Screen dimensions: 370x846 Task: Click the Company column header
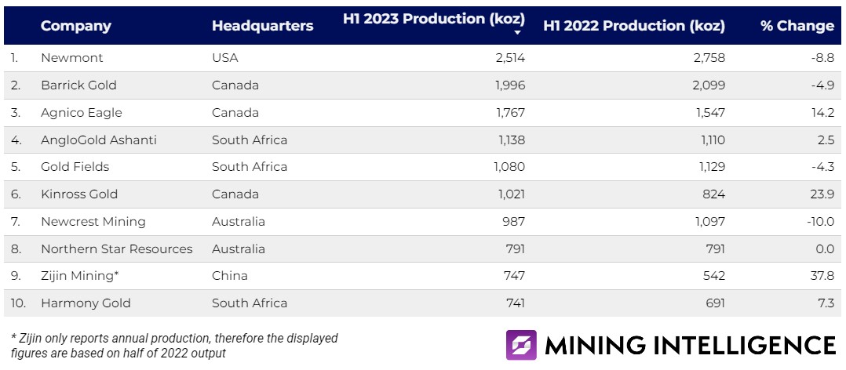tap(75, 26)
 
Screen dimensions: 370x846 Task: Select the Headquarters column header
tap(262, 26)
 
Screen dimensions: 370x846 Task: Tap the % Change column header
tap(797, 26)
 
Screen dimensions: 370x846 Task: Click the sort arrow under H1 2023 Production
tap(518, 33)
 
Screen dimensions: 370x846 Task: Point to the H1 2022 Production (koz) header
tap(634, 26)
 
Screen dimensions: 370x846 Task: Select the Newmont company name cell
tap(71, 58)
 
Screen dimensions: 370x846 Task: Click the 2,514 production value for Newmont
tap(509, 58)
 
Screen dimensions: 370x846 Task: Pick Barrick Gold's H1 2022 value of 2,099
tap(709, 85)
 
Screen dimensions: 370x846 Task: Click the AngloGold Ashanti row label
tap(99, 140)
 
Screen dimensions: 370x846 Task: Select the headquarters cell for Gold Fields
tap(250, 167)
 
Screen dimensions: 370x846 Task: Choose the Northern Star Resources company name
tap(116, 249)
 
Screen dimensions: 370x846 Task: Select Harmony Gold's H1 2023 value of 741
tap(514, 303)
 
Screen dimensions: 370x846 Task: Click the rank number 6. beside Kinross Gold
tap(16, 194)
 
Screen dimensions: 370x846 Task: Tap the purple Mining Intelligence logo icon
tap(521, 345)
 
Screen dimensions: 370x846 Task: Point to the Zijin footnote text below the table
tap(174, 346)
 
